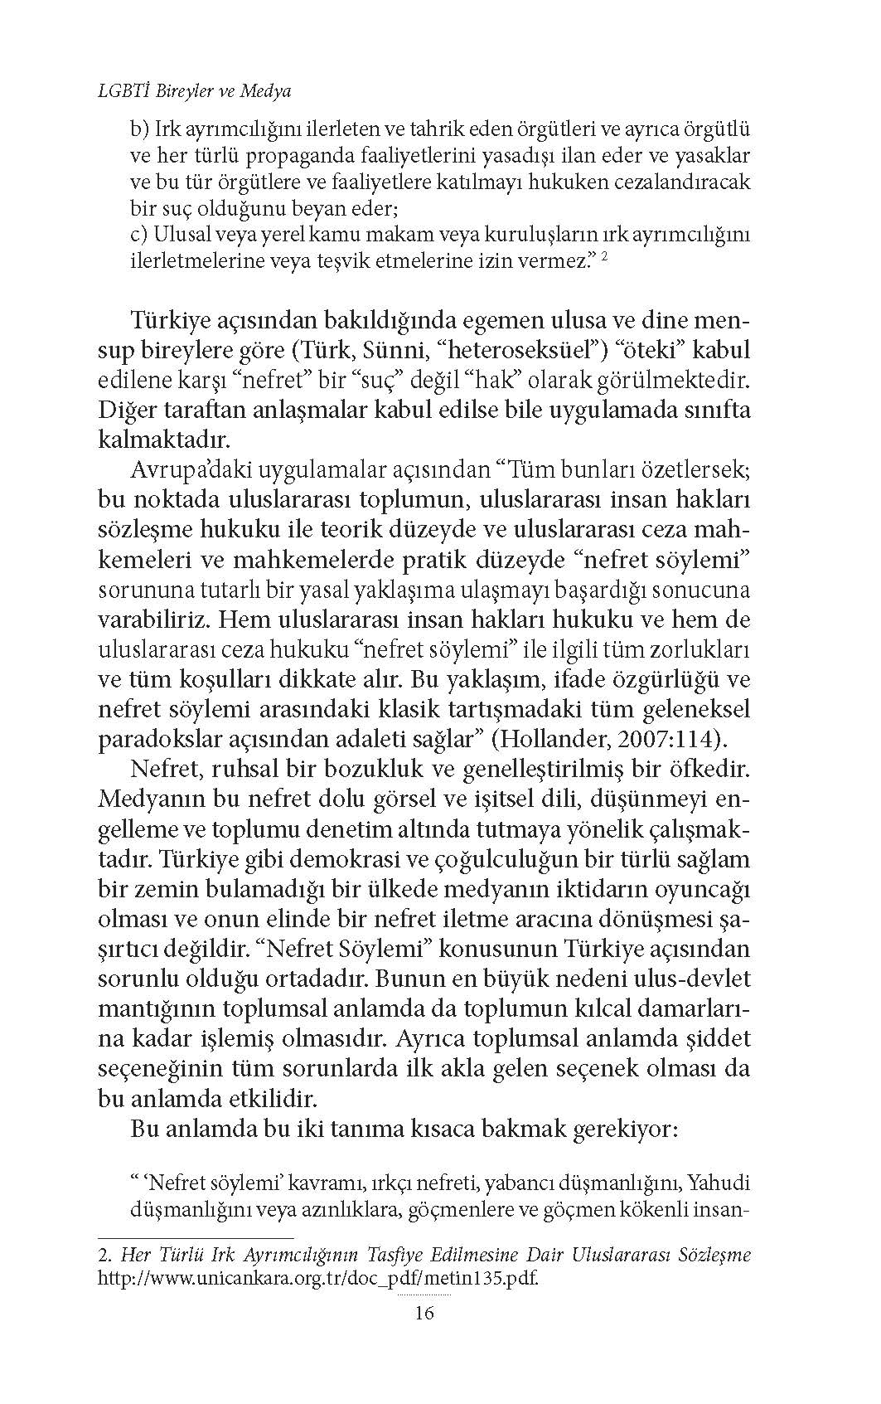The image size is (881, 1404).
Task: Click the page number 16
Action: coord(424,1312)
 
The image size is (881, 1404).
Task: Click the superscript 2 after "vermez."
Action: coord(606,257)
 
